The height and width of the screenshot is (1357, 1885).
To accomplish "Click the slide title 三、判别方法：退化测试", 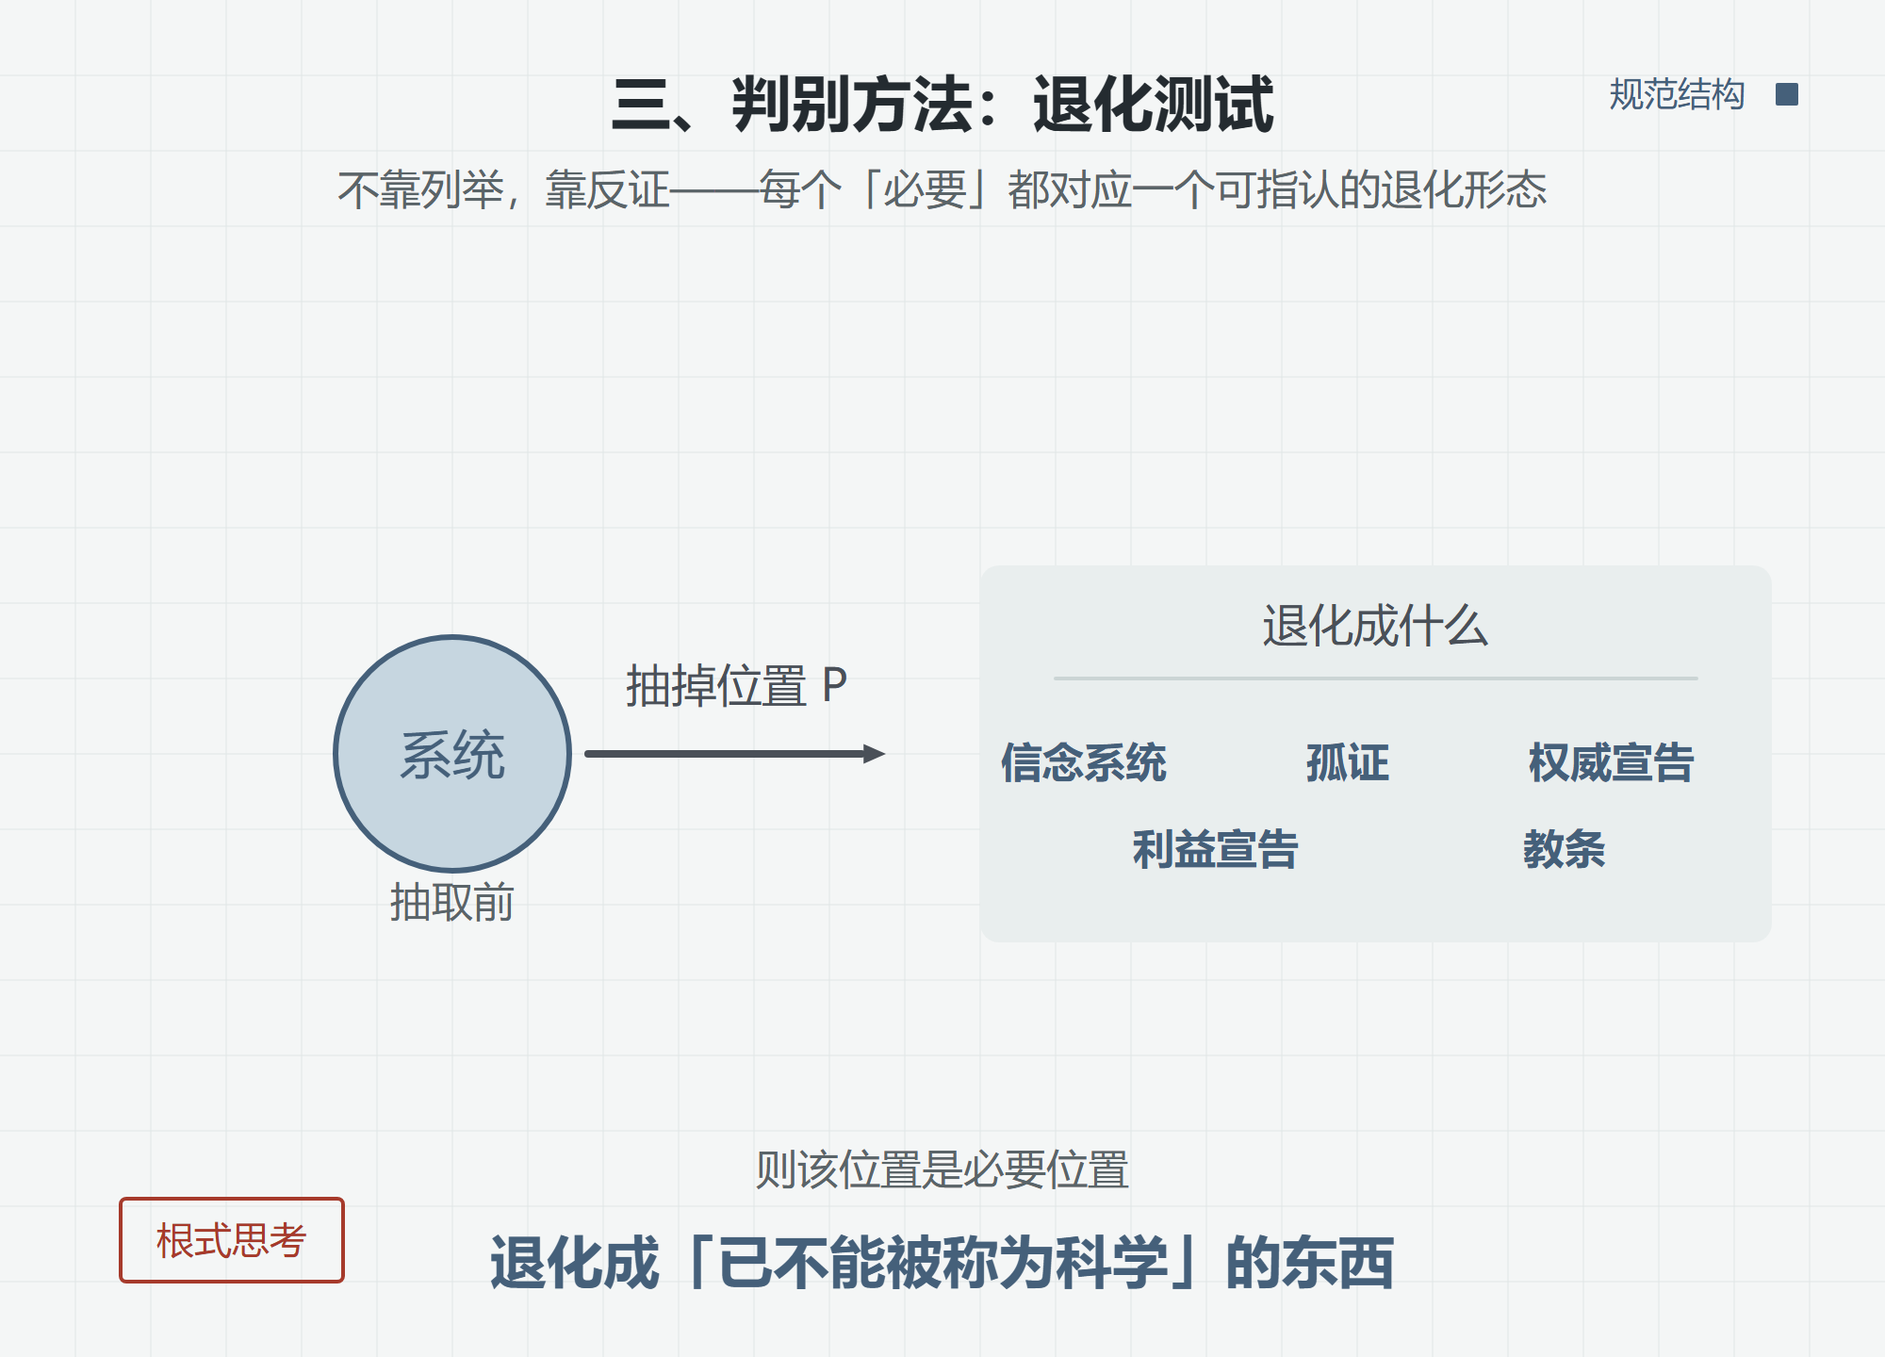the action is [x=942, y=104].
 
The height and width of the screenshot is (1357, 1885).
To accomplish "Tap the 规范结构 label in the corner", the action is [x=1677, y=94].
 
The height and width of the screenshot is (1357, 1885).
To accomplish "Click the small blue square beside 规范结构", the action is [x=1786, y=94].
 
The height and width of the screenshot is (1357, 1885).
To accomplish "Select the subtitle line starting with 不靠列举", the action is [x=942, y=189].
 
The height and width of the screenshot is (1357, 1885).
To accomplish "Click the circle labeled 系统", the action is [x=452, y=753].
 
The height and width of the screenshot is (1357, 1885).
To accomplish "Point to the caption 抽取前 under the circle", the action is [x=452, y=902].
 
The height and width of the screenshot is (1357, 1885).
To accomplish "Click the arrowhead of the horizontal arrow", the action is [x=875, y=753].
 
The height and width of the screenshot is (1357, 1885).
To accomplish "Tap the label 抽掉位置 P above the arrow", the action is [x=737, y=685].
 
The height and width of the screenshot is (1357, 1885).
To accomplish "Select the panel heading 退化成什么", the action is [x=1375, y=626].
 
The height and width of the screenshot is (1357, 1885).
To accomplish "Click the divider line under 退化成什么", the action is [x=1375, y=678].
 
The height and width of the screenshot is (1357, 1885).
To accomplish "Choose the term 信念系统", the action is [x=1084, y=762].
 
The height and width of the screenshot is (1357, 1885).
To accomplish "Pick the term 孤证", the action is [x=1348, y=762].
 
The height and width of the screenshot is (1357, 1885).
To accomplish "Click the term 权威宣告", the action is [x=1612, y=762].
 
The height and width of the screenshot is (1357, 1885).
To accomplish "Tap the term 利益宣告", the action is [x=1216, y=849].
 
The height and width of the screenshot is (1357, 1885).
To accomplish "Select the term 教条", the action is [x=1565, y=849].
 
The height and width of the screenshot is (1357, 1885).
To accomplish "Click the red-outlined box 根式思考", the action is [x=232, y=1240].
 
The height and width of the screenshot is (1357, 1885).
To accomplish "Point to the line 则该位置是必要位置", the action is [x=942, y=1169].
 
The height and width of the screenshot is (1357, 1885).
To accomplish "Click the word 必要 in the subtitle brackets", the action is [x=925, y=189].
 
